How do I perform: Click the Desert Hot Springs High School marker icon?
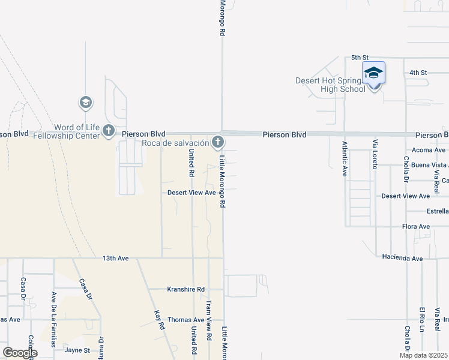click(373, 74)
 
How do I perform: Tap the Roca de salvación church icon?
click(218, 142)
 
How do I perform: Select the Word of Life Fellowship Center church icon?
click(109, 130)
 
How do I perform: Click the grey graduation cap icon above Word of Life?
click(86, 103)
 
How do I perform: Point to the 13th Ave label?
click(116, 258)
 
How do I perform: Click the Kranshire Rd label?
click(185, 289)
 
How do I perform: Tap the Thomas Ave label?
click(186, 320)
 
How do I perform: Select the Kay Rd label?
click(160, 320)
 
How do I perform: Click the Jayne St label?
click(77, 350)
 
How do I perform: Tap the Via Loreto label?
click(375, 154)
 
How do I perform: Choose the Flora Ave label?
click(415, 226)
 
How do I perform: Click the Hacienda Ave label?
click(402, 257)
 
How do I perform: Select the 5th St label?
click(359, 58)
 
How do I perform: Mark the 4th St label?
click(418, 73)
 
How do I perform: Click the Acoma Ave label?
click(429, 149)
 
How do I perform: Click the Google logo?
click(20, 353)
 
